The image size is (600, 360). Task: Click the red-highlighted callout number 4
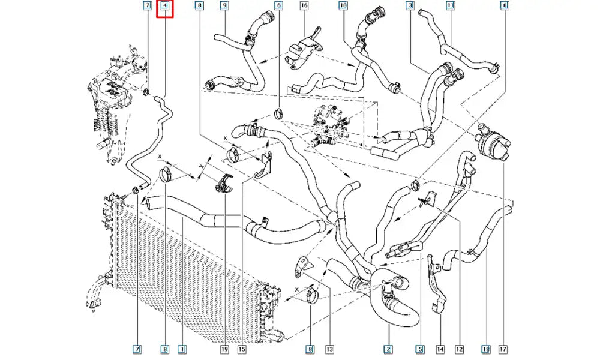point(165,8)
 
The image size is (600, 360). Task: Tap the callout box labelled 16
point(304,6)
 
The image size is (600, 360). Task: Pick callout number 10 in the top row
point(343,6)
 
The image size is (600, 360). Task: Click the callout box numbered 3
point(410,6)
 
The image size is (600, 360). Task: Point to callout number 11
point(450,6)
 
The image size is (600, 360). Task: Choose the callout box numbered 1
point(181,349)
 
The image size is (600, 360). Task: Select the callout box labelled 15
point(242,349)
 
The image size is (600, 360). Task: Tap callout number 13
point(329,349)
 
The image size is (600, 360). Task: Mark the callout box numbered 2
point(388,349)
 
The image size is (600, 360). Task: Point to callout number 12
point(460,349)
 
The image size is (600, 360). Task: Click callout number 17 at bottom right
point(503,349)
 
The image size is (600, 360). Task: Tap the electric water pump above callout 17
point(490,142)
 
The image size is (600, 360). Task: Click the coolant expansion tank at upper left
point(114,108)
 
